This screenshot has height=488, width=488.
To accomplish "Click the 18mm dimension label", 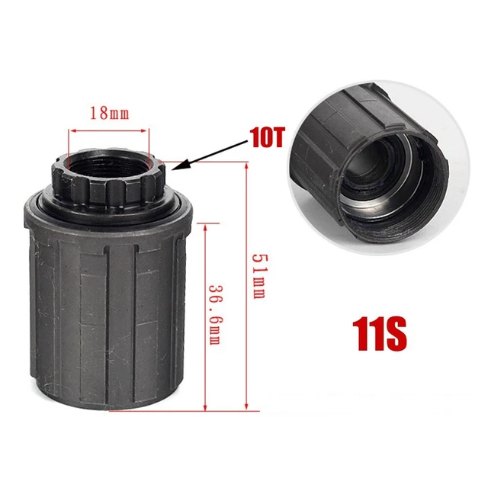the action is pyautogui.click(x=109, y=113).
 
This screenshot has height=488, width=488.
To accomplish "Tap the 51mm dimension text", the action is pyautogui.click(x=258, y=276).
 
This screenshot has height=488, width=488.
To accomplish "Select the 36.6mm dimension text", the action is pyautogui.click(x=215, y=315).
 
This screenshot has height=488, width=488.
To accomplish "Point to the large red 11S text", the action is pyautogui.click(x=380, y=334).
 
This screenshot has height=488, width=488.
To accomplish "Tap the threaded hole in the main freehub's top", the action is pyautogui.click(x=108, y=163).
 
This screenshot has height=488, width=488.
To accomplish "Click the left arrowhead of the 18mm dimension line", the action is pyautogui.click(x=73, y=131).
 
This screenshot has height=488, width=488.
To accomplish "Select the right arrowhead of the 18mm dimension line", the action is pyautogui.click(x=143, y=131).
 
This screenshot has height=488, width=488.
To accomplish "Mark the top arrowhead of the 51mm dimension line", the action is pyautogui.click(x=246, y=167).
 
